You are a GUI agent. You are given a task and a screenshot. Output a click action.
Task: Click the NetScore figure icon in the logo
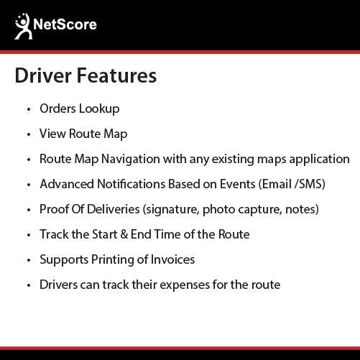[23, 27]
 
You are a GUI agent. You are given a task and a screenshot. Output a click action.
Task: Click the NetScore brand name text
[65, 24]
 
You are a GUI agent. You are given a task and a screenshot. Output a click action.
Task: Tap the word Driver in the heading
[43, 75]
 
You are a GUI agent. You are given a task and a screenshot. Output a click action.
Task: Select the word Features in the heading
[116, 75]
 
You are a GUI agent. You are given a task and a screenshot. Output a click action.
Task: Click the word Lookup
[99, 109]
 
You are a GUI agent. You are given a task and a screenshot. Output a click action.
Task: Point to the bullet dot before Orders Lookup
[29, 109]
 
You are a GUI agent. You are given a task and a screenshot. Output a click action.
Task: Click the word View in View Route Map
[52, 134]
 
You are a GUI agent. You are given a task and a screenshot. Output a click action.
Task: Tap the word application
[319, 160]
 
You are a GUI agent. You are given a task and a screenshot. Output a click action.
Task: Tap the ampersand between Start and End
[124, 234]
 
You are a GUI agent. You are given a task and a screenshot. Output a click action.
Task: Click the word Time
[167, 234]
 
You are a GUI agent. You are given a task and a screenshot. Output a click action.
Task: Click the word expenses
[185, 285]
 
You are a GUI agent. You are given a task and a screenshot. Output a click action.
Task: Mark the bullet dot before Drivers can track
[29, 285]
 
